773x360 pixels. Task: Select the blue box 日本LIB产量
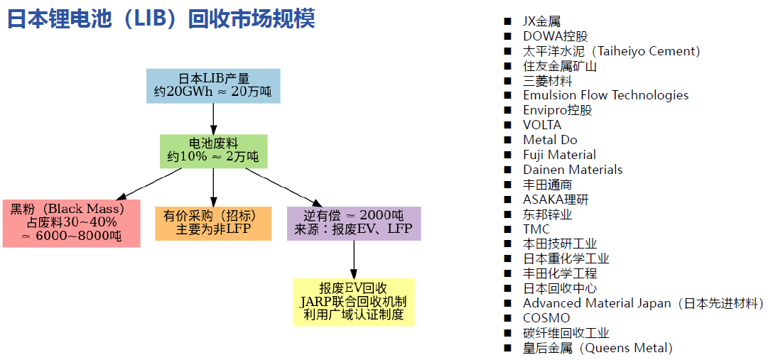pyautogui.click(x=213, y=85)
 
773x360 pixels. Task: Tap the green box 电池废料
pyautogui.click(x=213, y=151)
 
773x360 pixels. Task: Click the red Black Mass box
pyautogui.click(x=71, y=223)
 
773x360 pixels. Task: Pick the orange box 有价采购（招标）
pyautogui.click(x=213, y=223)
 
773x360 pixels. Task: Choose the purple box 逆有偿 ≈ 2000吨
pyautogui.click(x=354, y=223)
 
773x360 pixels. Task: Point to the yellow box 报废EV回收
pyautogui.click(x=354, y=302)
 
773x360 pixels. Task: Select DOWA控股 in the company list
pyautogui.click(x=555, y=36)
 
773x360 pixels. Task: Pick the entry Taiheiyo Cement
pyautogui.click(x=611, y=51)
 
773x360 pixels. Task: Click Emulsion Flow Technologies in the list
pyautogui.click(x=605, y=95)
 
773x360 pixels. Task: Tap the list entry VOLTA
pyautogui.click(x=541, y=125)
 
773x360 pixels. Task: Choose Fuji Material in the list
pyautogui.click(x=559, y=155)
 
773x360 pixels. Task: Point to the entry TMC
pyautogui.click(x=536, y=229)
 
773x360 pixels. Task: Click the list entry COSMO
pyautogui.click(x=546, y=318)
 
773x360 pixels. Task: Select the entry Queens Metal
pyautogui.click(x=597, y=348)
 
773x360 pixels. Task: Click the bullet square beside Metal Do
pyautogui.click(x=507, y=140)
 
